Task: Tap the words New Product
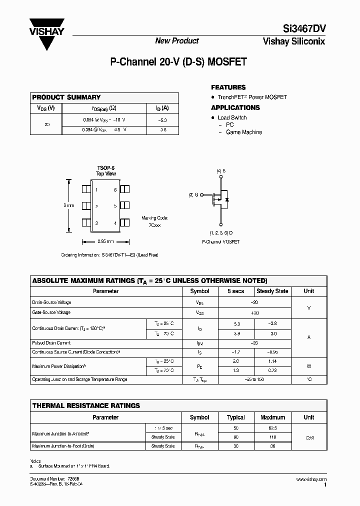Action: pyautogui.click(x=176, y=41)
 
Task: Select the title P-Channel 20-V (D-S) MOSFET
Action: pyautogui.click(x=178, y=63)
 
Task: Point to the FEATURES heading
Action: pyautogui.click(x=228, y=87)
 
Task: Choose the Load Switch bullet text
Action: pyautogui.click(x=232, y=117)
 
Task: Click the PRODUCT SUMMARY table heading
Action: pyautogui.click(x=66, y=97)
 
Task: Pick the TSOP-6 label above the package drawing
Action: pyautogui.click(x=106, y=168)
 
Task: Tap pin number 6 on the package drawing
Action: pyautogui.click(x=115, y=190)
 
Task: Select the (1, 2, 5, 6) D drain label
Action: pyautogui.click(x=220, y=233)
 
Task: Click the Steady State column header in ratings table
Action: pyautogui.click(x=272, y=291)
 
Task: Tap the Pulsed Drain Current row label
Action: pyautogui.click(x=51, y=343)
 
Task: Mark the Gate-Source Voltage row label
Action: pyautogui.click(x=51, y=312)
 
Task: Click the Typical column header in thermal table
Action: pyautogui.click(x=236, y=417)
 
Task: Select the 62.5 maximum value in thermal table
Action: pyautogui.click(x=272, y=429)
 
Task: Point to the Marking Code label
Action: pyautogui.click(x=155, y=218)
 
